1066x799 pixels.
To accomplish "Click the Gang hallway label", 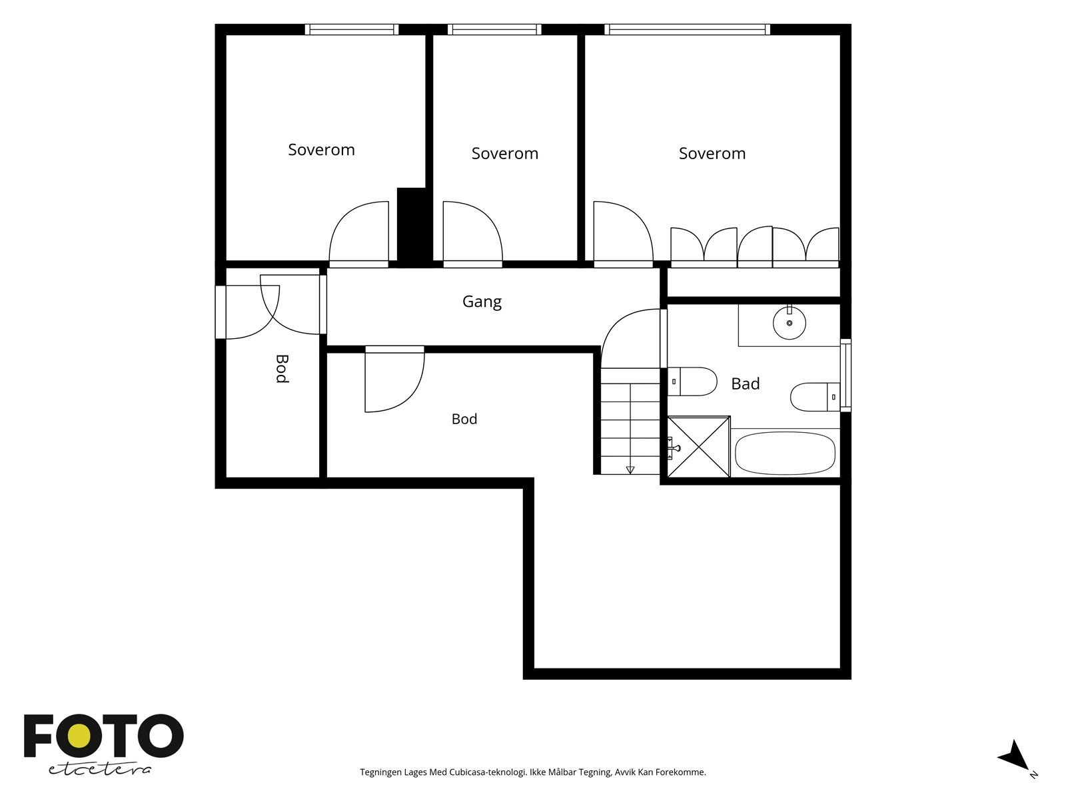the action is pyautogui.click(x=481, y=302).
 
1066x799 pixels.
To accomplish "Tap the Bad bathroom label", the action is pyautogui.click(x=745, y=384).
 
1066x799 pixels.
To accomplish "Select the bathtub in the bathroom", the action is pyautogui.click(x=785, y=453).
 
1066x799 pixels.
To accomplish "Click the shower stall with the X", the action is pyautogui.click(x=698, y=447).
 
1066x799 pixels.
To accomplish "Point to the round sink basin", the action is pyautogui.click(x=790, y=323).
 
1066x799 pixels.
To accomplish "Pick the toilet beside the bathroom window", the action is pyautogui.click(x=815, y=397).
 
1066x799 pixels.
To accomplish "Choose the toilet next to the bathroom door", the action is pyautogui.click(x=692, y=382).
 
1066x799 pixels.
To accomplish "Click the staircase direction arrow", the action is pyautogui.click(x=630, y=469).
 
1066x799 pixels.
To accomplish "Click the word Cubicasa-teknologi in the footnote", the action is pyautogui.click(x=488, y=772).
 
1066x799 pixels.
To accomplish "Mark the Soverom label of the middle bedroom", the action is pyautogui.click(x=504, y=153).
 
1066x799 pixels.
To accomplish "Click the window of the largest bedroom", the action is pyautogui.click(x=687, y=29).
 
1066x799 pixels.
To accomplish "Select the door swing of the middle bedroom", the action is pyautogui.click(x=472, y=234).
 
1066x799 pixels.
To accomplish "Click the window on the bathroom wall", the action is pyautogui.click(x=845, y=375).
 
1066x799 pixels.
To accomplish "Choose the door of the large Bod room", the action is pyautogui.click(x=394, y=379).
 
